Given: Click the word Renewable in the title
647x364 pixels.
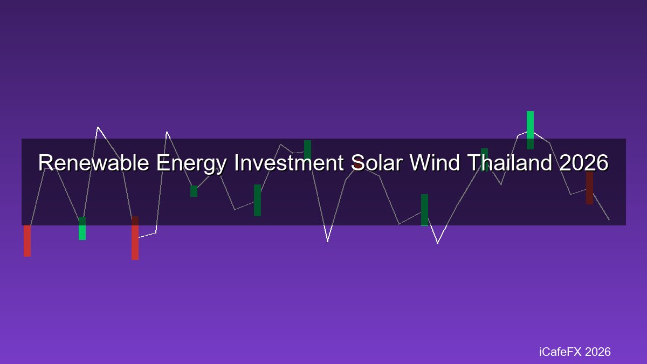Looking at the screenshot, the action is pyautogui.click(x=94, y=162).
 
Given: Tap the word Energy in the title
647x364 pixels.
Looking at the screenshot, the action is pyautogui.click(x=191, y=164).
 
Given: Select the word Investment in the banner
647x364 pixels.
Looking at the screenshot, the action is pyautogui.click(x=289, y=162).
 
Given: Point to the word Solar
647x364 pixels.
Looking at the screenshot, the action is pyautogui.click(x=377, y=162).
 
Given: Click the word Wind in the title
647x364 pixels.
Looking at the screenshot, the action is pyautogui.click(x=435, y=162).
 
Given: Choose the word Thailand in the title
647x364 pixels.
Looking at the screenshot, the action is pyautogui.click(x=510, y=162).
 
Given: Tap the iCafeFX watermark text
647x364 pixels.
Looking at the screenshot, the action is pyautogui.click(x=575, y=352).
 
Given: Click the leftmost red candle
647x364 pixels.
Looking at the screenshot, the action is pyautogui.click(x=27, y=241).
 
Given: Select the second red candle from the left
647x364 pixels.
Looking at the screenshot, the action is pyautogui.click(x=135, y=238).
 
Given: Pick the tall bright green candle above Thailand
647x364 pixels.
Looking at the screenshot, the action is pyautogui.click(x=530, y=130).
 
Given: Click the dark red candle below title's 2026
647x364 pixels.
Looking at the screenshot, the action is pyautogui.click(x=589, y=188).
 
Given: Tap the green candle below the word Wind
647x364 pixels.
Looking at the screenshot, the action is pyautogui.click(x=424, y=210).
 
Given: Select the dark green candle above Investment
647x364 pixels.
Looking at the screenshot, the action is pyautogui.click(x=308, y=150).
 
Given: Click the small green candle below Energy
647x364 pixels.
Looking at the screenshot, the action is pyautogui.click(x=194, y=191).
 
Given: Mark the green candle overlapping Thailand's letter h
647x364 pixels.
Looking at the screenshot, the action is pyautogui.click(x=484, y=160).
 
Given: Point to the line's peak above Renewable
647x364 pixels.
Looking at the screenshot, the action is pyautogui.click(x=98, y=127).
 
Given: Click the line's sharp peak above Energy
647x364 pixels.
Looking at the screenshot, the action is pyautogui.click(x=167, y=132).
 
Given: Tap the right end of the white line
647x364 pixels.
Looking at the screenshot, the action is pyautogui.click(x=609, y=220).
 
